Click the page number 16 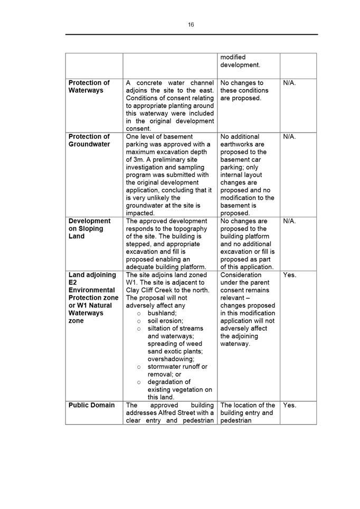click(x=191, y=24)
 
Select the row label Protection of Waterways click(x=89, y=87)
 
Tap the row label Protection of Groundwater click(x=89, y=140)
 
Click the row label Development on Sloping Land click(x=89, y=228)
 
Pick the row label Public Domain click(x=91, y=405)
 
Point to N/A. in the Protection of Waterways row click(x=289, y=83)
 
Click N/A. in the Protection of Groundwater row click(x=289, y=137)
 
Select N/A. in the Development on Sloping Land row click(x=289, y=221)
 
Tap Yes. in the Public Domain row click(x=290, y=405)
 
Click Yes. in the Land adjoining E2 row click(x=290, y=275)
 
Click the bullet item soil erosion click(x=165, y=321)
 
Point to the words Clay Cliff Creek click(x=150, y=290)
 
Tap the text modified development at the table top click(x=240, y=61)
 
